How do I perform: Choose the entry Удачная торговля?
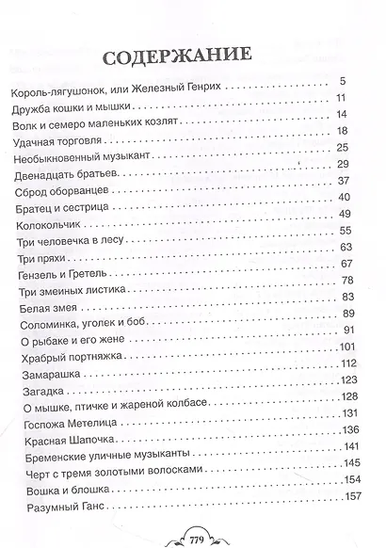pos(55,131)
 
